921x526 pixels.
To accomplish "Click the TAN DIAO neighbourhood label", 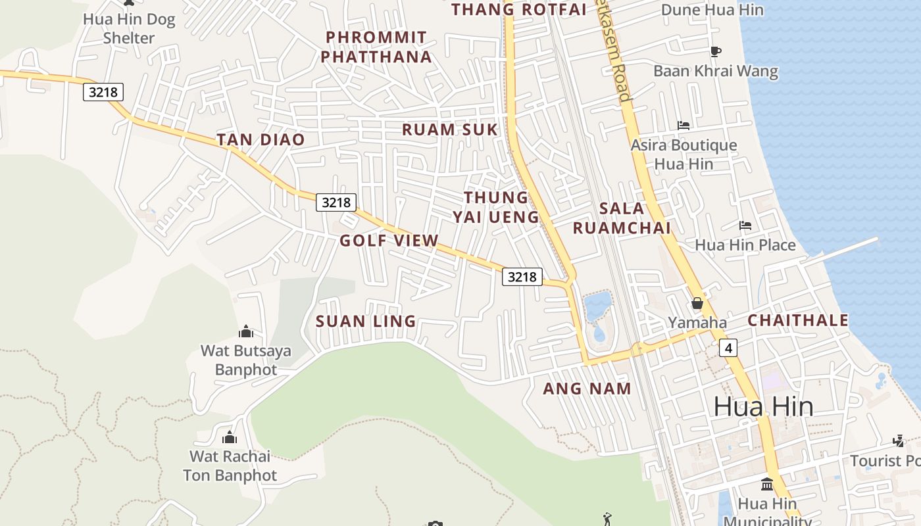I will (x=261, y=139).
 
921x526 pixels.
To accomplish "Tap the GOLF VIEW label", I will (x=389, y=241).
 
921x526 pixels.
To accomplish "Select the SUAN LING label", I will (x=366, y=322).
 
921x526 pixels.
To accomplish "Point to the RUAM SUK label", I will (x=450, y=130).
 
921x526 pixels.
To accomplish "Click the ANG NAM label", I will (x=587, y=389).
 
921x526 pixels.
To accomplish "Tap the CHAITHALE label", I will (x=798, y=320).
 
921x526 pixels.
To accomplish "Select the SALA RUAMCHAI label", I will (x=622, y=218).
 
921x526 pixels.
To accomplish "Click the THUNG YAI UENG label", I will (x=496, y=207).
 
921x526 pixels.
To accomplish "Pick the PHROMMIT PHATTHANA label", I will (x=376, y=47).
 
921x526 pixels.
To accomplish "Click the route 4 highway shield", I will (x=728, y=347).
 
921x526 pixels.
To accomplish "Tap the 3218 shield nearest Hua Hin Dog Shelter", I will (x=103, y=92).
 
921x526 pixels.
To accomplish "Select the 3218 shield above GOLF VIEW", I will (x=336, y=202).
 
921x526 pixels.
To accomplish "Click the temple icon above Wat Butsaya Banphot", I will (x=246, y=331).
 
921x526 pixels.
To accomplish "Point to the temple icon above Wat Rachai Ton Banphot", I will (x=230, y=437).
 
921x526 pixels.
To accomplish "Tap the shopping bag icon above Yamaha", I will (x=697, y=303).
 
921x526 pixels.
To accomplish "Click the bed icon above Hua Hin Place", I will (x=745, y=226).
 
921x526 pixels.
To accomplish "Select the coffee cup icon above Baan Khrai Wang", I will (x=716, y=51).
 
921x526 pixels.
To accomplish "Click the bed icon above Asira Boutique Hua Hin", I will (x=684, y=125).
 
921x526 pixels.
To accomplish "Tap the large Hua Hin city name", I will (x=763, y=406).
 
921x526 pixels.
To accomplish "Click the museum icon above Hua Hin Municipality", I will (x=767, y=484).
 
